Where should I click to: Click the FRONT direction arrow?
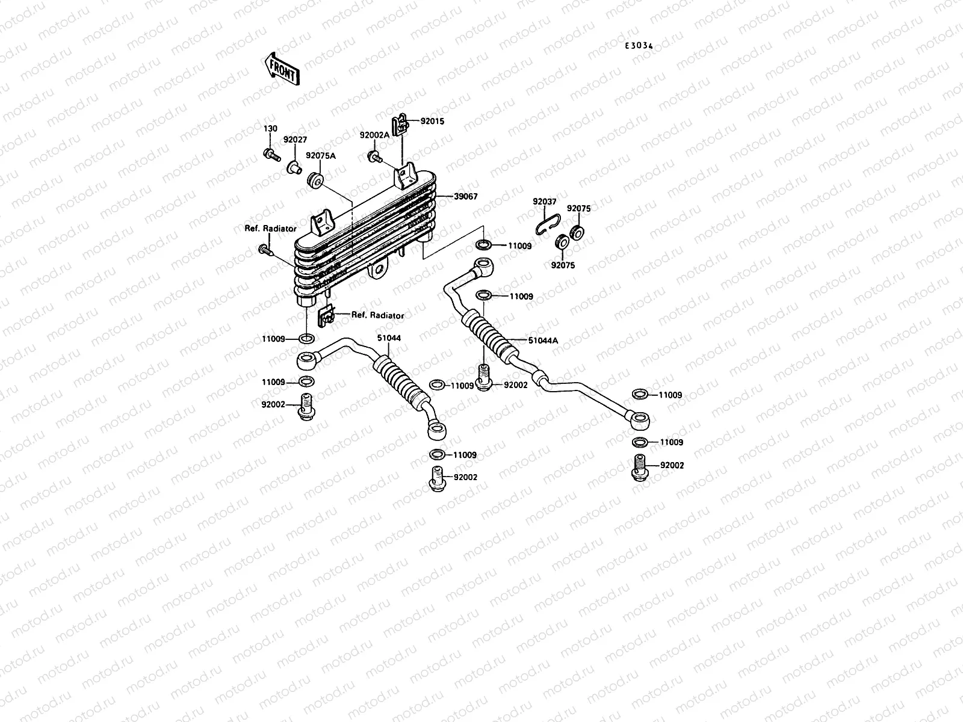[281, 67]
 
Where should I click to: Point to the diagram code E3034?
[639, 46]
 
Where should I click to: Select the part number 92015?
[432, 121]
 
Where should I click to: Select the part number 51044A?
[543, 340]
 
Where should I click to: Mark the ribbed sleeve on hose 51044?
[397, 381]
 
